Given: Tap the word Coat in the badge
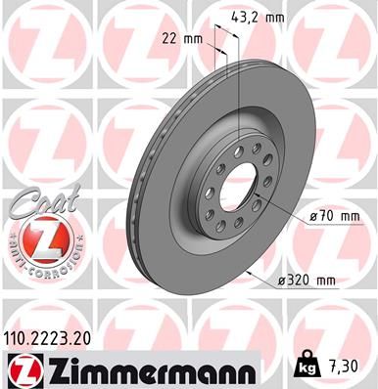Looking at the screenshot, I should [33, 201].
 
